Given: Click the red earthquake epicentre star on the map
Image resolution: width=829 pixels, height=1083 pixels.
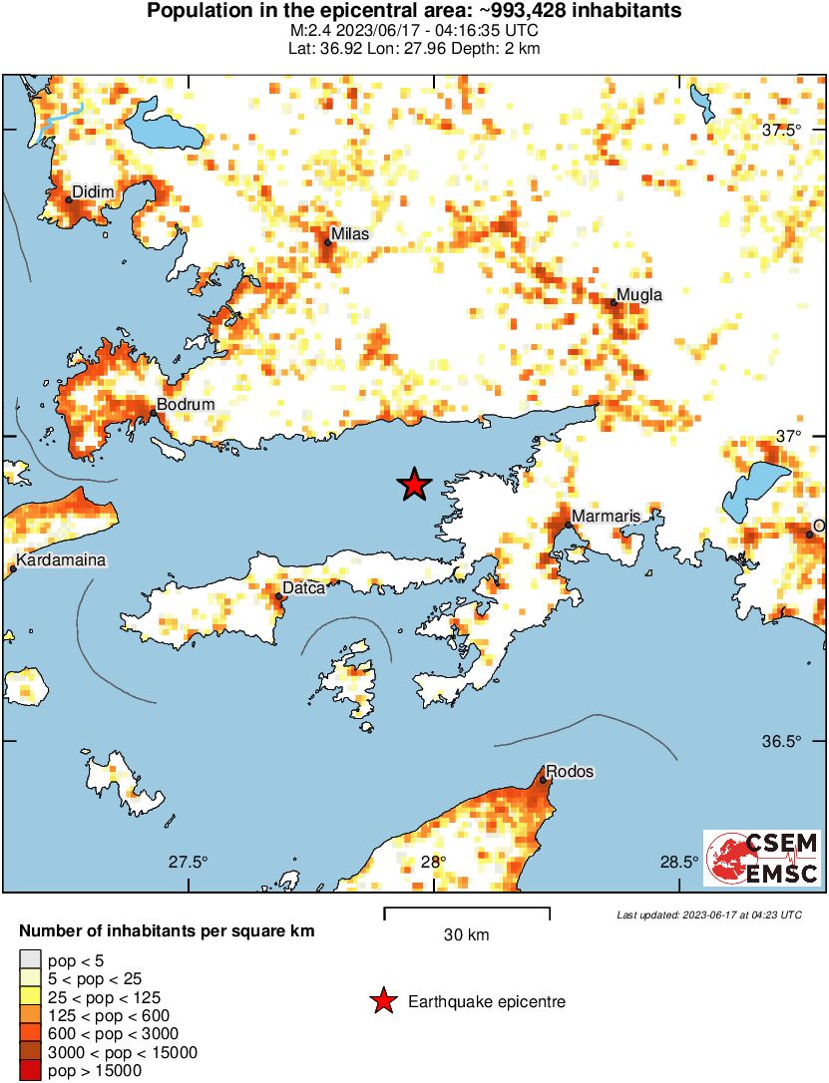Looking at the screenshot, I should coord(414,485).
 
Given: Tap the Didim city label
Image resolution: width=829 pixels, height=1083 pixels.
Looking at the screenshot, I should coord(96,191).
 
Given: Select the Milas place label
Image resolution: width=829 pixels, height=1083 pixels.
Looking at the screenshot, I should coord(350,234).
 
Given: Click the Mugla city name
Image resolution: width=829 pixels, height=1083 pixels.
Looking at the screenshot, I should coord(639,294).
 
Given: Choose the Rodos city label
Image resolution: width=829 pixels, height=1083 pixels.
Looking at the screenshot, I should coord(570,772).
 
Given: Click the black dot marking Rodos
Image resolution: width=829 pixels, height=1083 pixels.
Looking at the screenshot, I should coord(544,780).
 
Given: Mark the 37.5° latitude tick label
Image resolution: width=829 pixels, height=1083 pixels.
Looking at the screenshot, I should coord(782,131).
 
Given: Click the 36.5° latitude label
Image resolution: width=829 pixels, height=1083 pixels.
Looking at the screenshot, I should coord(782,742).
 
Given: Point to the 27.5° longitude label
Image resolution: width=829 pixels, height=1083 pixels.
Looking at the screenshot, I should coord(188,862).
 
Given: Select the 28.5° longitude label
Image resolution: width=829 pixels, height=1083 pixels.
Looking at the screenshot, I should coord(682,862).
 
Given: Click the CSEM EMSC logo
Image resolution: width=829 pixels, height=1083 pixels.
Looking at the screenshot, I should coord(762,858).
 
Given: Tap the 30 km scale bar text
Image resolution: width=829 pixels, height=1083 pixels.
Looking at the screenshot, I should coord(466,935).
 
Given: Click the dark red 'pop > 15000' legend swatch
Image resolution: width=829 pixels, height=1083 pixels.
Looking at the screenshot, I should coord(30,1071).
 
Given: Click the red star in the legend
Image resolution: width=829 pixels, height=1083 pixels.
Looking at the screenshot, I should coord(382,1001).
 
